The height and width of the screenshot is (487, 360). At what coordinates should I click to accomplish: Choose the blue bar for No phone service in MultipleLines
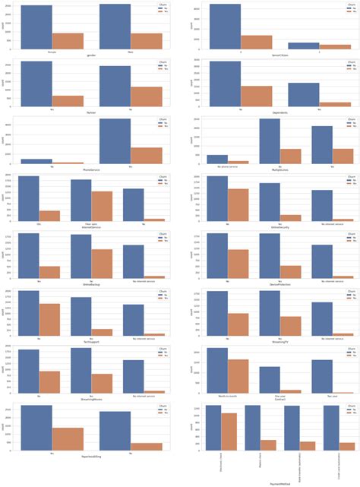pyautogui.click(x=217, y=160)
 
